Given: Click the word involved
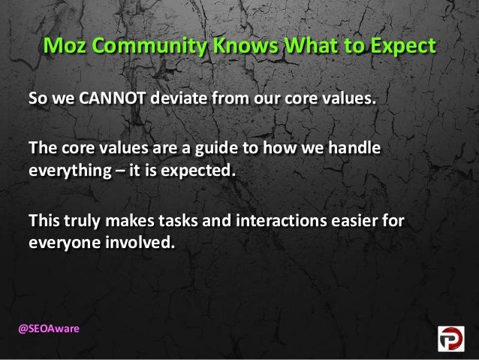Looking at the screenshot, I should click(137, 243).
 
